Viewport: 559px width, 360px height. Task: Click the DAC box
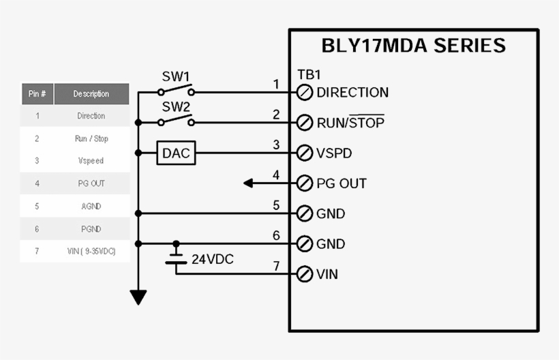click(x=176, y=153)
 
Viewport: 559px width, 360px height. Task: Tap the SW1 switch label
click(x=175, y=76)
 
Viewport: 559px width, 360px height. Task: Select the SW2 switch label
click(x=175, y=107)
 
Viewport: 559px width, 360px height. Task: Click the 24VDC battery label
click(x=213, y=259)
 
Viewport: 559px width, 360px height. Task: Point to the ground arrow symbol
click(x=138, y=297)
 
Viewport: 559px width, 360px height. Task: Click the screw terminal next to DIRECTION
click(x=305, y=93)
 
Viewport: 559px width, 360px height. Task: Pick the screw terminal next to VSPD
click(x=305, y=153)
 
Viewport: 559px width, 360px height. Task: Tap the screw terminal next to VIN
click(x=305, y=275)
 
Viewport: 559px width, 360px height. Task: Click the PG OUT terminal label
click(x=342, y=183)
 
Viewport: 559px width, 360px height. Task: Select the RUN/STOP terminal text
click(x=350, y=123)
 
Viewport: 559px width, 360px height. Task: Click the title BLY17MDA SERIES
click(x=414, y=46)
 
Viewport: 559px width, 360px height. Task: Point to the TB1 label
click(x=309, y=75)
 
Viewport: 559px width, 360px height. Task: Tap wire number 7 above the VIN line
click(x=276, y=265)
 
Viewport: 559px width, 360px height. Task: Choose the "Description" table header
click(x=91, y=94)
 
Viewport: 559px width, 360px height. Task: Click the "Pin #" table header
click(x=37, y=94)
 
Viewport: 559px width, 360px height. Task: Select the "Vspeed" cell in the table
click(x=91, y=161)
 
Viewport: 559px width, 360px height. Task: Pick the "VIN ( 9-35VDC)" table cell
click(x=91, y=251)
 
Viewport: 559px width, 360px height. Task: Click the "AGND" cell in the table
click(x=91, y=206)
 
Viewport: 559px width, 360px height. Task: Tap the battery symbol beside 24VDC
click(x=176, y=257)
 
